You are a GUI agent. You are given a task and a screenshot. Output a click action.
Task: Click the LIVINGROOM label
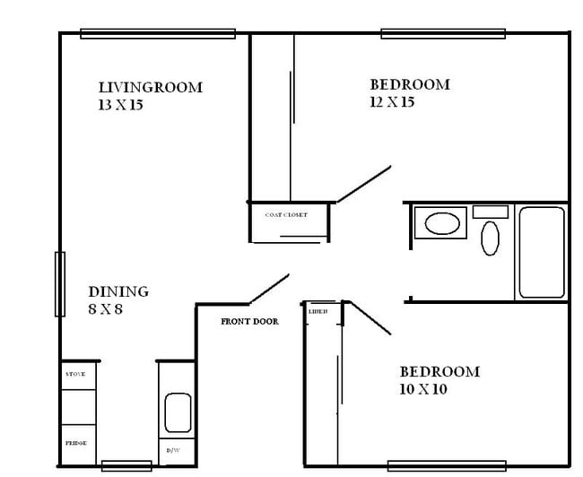(150, 88)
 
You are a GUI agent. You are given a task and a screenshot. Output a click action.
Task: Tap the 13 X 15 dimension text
(121, 105)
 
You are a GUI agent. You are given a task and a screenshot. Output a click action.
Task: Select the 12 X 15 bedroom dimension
(391, 102)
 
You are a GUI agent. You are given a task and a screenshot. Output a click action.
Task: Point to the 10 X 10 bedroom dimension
(423, 389)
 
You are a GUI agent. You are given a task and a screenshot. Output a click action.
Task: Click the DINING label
(118, 291)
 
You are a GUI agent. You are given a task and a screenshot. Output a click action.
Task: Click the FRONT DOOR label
(249, 321)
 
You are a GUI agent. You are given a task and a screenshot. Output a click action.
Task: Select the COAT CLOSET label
(286, 215)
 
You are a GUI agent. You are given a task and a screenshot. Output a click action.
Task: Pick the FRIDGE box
(77, 443)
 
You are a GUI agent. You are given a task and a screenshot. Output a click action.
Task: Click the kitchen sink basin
(178, 412)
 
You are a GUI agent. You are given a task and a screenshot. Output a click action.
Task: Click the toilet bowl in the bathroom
(491, 238)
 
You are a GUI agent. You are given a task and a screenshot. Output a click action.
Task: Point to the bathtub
(542, 252)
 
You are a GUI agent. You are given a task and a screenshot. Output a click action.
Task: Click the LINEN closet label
(318, 311)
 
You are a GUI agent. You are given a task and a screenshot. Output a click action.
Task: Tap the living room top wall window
(158, 34)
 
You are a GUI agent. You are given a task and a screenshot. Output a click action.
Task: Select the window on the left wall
(60, 284)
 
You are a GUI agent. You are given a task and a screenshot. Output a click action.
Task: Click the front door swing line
(268, 290)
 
